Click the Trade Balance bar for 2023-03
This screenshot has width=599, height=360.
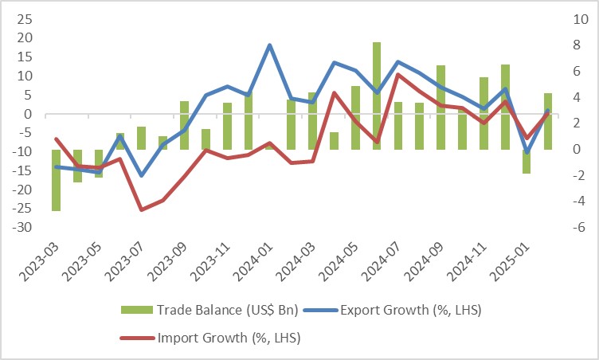click(x=57, y=180)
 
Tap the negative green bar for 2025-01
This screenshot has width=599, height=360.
click(x=526, y=161)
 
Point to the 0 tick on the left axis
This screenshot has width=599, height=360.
click(x=26, y=114)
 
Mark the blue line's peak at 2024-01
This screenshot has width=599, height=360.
click(x=270, y=45)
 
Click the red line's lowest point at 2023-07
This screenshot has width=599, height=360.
click(x=142, y=209)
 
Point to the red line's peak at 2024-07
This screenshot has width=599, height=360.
click(x=397, y=75)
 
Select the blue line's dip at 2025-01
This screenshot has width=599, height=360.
click(x=526, y=151)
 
